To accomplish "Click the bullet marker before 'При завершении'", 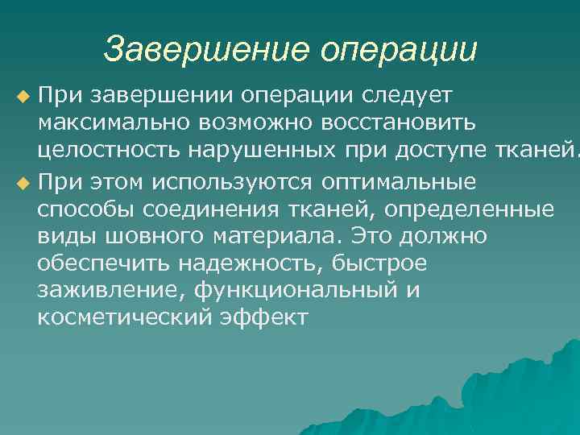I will coord(22,97).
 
